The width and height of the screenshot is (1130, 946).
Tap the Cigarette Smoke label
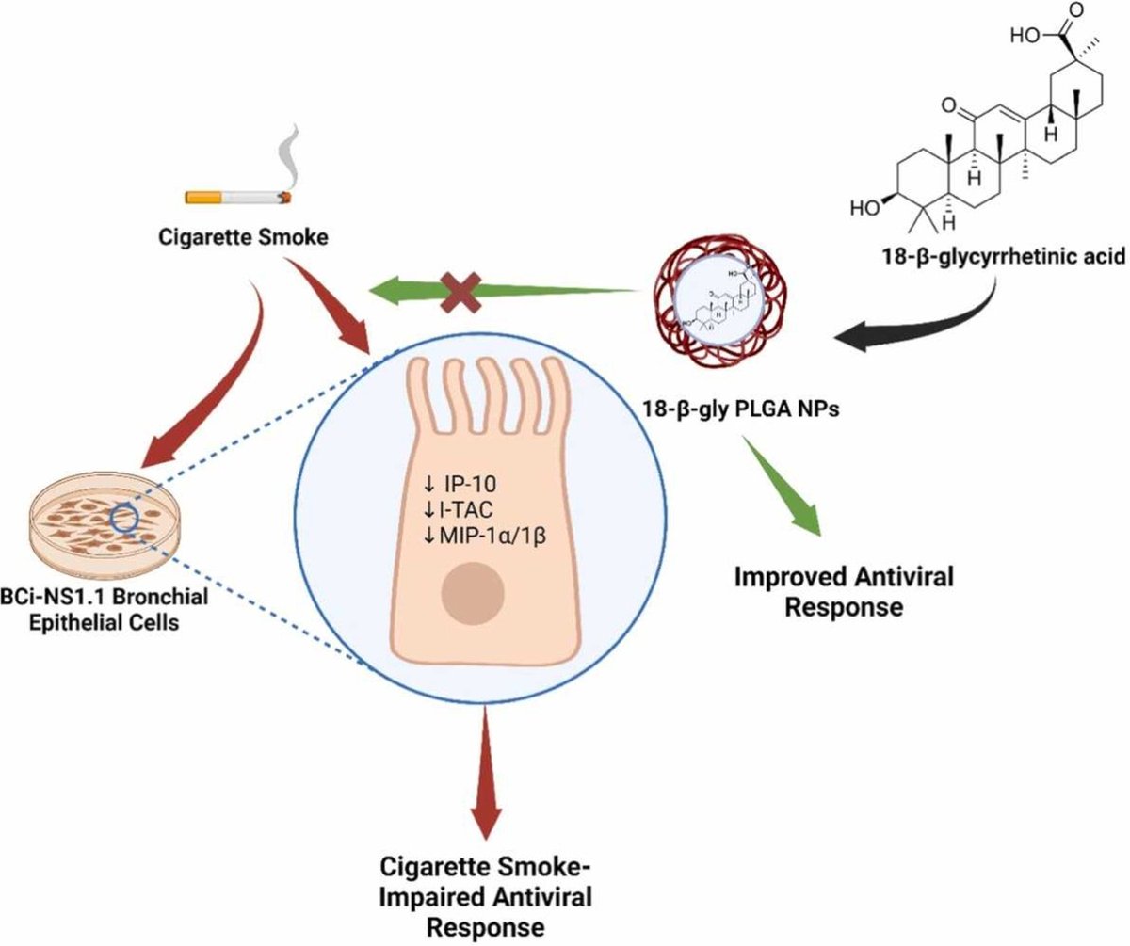click(244, 236)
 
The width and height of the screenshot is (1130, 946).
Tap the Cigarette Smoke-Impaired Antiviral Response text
click(486, 895)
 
